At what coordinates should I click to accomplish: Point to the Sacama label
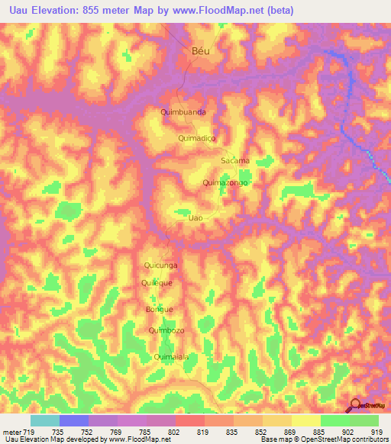[234, 161]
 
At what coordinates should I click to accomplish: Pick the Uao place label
[195, 217]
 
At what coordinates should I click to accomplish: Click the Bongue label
[159, 309]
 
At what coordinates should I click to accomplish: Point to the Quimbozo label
[166, 330]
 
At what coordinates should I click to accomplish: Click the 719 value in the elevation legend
[27, 432]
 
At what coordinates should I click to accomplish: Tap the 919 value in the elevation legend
[373, 432]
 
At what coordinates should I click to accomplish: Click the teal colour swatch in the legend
[44, 420]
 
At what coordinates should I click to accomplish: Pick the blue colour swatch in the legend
[73, 420]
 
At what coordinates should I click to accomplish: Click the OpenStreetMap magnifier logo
[356, 406]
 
